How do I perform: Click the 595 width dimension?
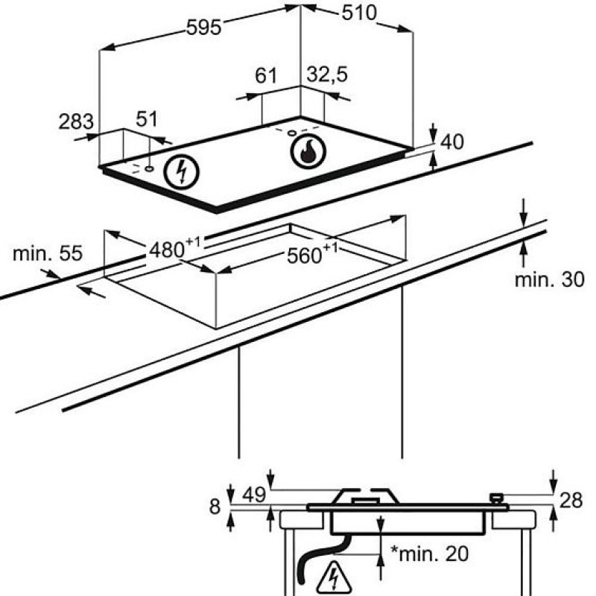[x=203, y=28]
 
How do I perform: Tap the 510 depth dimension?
[x=359, y=13]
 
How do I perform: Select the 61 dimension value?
[x=266, y=75]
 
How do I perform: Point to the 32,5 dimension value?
[x=327, y=74]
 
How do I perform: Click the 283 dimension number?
[x=76, y=121]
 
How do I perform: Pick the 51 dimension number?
[x=147, y=119]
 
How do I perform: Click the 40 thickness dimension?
[x=452, y=142]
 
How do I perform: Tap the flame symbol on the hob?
[x=308, y=151]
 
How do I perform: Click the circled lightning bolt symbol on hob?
[x=181, y=173]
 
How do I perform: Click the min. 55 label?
[x=48, y=253]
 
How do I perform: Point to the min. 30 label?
[x=549, y=280]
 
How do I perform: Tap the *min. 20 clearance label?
[x=430, y=554]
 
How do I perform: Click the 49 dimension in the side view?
[x=254, y=495]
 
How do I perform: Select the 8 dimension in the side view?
[x=215, y=507]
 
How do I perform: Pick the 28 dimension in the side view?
[x=571, y=500]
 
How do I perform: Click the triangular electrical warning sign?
[x=334, y=579]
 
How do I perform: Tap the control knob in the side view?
[x=497, y=498]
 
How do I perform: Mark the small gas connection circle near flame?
[x=291, y=133]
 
